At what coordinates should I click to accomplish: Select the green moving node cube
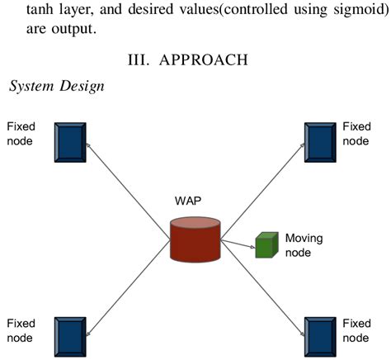(x=264, y=245)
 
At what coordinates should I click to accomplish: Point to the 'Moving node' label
(x=303, y=245)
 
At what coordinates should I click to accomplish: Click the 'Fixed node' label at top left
(x=22, y=134)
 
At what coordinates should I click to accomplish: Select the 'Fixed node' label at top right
(x=356, y=134)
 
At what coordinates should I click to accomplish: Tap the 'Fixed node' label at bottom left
(x=22, y=330)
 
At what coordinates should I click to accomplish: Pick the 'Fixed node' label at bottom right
(x=356, y=330)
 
